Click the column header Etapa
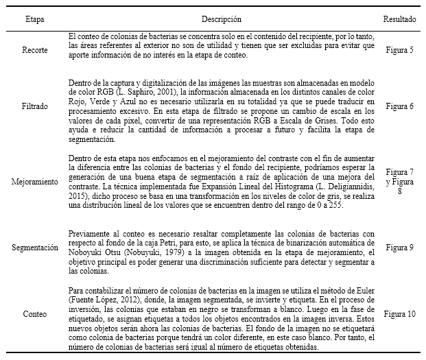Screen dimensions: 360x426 (x=27, y=19)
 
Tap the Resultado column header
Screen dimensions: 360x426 (x=399, y=19)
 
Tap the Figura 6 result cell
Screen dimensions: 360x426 (x=399, y=107)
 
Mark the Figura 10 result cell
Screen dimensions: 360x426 (x=399, y=314)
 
